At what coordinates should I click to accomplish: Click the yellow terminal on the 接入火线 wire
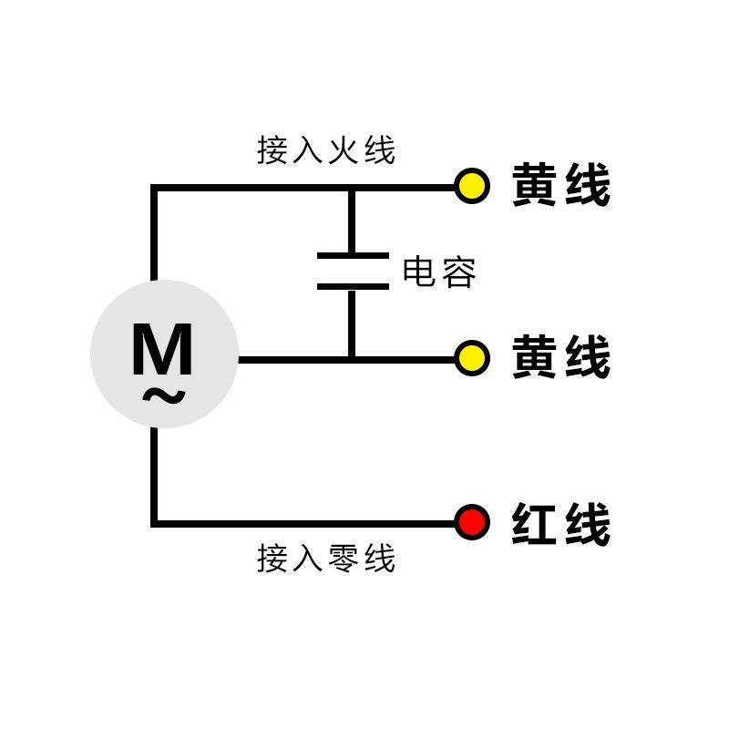pos(472,187)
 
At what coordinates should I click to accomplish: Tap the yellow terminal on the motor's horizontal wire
pos(472,358)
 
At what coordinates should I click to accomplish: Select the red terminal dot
pos(472,523)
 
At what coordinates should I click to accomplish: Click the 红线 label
pos(560,524)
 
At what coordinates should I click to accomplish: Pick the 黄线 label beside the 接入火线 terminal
pos(560,186)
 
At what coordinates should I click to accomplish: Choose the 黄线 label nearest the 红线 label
pos(560,358)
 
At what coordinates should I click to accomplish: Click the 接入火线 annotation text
pos(326,150)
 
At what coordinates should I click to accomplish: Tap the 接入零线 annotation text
pos(326,558)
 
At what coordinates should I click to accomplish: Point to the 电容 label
pos(439,272)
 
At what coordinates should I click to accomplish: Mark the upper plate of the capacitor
pos(352,257)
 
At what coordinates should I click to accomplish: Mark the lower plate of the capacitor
pos(352,286)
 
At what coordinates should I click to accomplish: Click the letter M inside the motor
pos(162,350)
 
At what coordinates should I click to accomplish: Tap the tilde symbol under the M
pos(164,396)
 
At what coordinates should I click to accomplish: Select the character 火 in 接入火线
pos(344,150)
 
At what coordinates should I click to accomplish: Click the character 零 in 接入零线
pos(344,558)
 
